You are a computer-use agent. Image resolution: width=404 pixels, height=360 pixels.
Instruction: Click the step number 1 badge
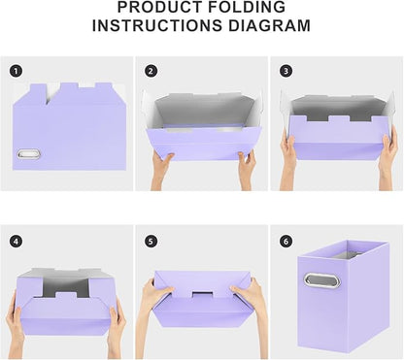tap(16, 71)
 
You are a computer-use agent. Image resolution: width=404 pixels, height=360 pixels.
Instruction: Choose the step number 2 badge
tap(151, 71)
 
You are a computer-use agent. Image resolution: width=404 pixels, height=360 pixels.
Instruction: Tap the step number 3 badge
tap(286, 71)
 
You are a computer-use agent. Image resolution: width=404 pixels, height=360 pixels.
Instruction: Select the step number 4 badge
tap(16, 241)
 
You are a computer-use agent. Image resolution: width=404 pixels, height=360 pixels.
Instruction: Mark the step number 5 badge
tap(151, 241)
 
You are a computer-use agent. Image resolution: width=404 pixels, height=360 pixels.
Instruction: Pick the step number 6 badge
tap(286, 241)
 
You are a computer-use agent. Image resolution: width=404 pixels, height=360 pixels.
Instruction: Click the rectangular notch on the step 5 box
tap(202, 293)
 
